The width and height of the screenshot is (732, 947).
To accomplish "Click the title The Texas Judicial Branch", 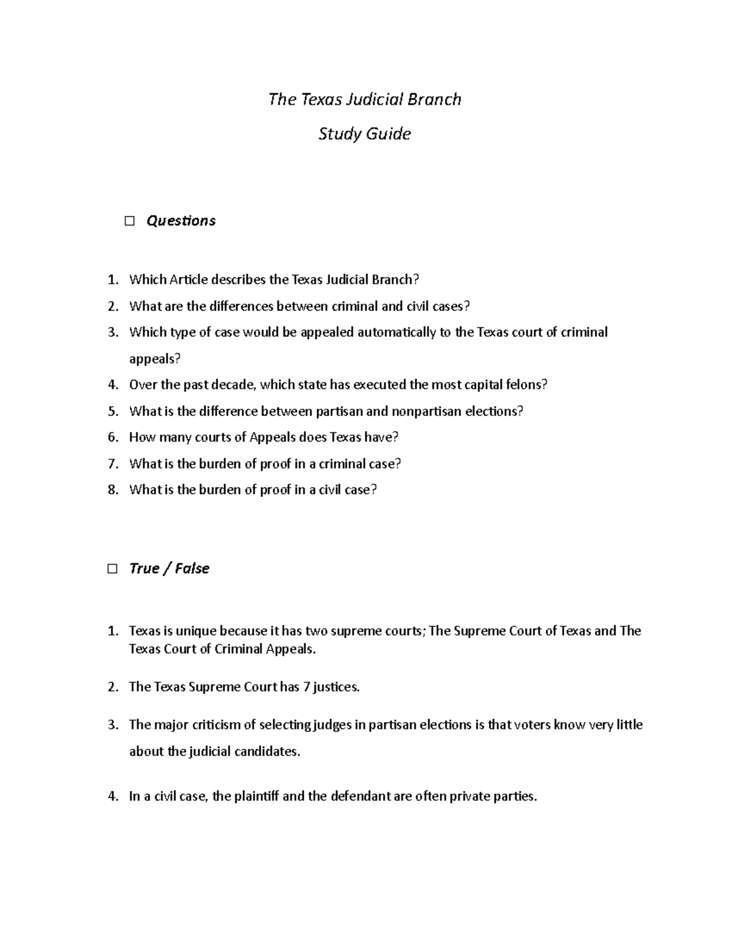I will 365,99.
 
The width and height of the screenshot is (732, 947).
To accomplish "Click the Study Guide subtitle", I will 365,134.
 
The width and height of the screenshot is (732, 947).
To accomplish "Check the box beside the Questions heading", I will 129,221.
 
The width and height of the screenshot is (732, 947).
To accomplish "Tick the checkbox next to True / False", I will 112,569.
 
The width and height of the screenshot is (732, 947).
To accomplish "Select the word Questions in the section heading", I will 181,221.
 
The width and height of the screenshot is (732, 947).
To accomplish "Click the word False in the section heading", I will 192,568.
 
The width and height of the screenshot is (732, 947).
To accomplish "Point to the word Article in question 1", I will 188,280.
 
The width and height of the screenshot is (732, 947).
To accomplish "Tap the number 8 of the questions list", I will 112,490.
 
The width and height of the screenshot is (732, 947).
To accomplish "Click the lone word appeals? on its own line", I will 155,359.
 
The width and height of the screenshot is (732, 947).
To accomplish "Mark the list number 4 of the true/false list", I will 112,796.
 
